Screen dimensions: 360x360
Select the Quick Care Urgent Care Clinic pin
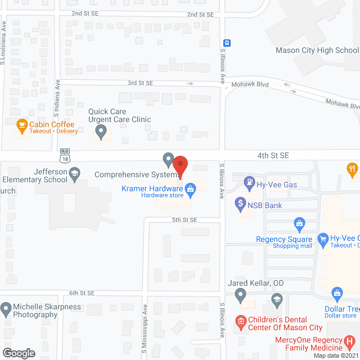point(101,132)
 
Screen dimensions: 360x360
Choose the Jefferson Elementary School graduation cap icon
point(74,175)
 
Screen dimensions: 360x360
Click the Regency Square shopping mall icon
point(299,226)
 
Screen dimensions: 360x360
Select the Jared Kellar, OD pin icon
point(240,294)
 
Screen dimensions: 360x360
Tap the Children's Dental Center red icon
point(241,322)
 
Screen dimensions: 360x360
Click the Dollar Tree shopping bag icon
point(337,293)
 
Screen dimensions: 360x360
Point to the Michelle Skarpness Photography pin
point(6,309)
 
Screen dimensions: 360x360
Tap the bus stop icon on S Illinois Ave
point(227,43)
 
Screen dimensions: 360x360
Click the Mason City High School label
point(317,50)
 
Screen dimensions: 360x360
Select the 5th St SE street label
point(184,219)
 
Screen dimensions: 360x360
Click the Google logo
point(19,353)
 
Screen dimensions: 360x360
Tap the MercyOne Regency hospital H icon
point(350,341)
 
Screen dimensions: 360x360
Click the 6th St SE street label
point(82,293)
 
